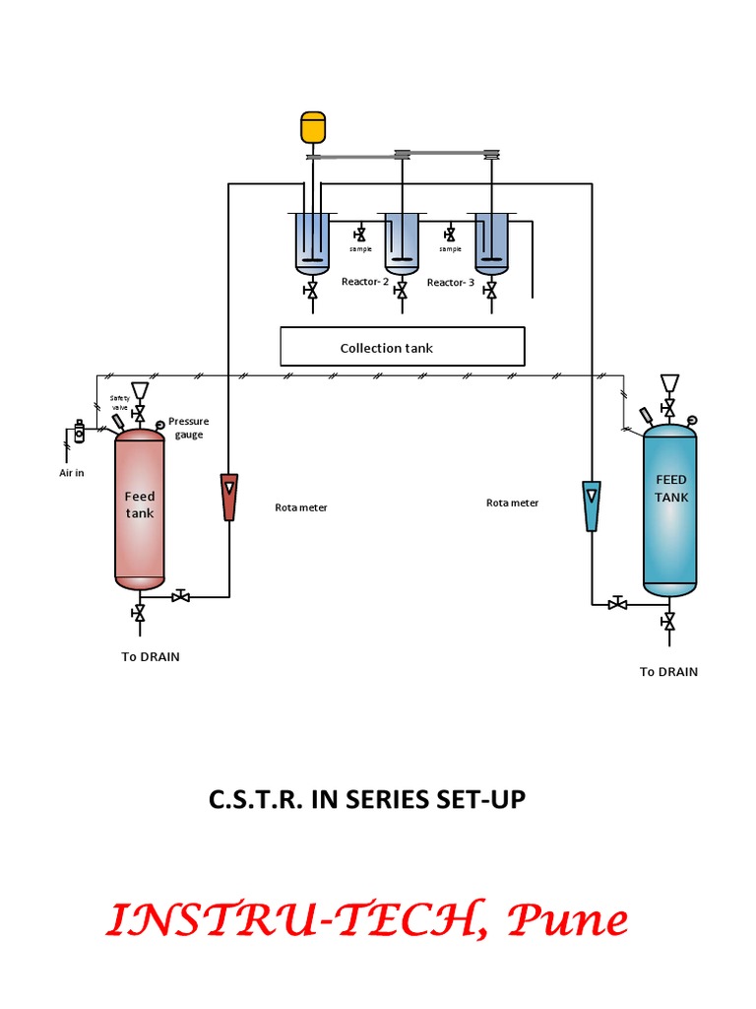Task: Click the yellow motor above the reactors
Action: pos(312,128)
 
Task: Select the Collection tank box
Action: pos(402,347)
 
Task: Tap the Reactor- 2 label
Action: pos(364,282)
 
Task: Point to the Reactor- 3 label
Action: pos(451,282)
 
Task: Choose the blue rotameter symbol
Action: pos(592,504)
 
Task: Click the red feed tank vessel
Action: pos(139,509)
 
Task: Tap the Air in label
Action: pos(72,473)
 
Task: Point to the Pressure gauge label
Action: pos(188,428)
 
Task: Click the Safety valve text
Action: pos(120,402)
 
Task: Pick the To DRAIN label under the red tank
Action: pos(151,656)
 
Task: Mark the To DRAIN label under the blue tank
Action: pos(668,672)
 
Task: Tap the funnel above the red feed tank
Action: pos(139,390)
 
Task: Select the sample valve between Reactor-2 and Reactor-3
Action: pos(450,235)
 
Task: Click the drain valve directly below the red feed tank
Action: pos(139,615)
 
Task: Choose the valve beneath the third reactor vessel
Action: pos(491,292)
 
